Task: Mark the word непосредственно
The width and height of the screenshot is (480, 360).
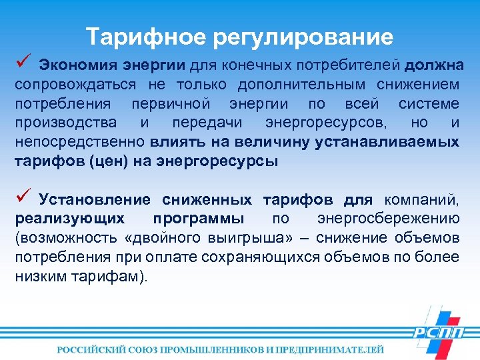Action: pyautogui.click(x=80, y=142)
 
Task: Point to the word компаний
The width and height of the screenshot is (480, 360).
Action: pyautogui.click(x=426, y=200)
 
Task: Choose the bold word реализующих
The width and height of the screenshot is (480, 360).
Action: pyautogui.click(x=69, y=219)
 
